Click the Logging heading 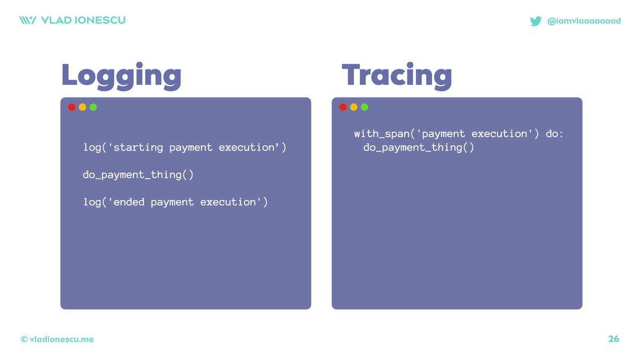pos(122,76)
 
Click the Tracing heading pos(397,76)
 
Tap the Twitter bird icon pos(535,21)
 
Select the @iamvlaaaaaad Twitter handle pos(584,21)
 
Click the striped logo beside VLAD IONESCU pos(28,20)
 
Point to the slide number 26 pos(613,339)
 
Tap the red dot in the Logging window pos(71,107)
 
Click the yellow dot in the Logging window pos(82,107)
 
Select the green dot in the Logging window pos(93,107)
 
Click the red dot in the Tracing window pos(343,107)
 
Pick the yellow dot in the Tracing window pos(354,107)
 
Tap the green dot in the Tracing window pos(364,107)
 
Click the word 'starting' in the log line pos(138,148)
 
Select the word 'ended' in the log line pos(129,202)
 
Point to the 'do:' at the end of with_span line pos(554,134)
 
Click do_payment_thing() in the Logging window pos(138,175)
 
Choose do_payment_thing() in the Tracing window pos(419,148)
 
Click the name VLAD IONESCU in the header pos(83,20)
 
